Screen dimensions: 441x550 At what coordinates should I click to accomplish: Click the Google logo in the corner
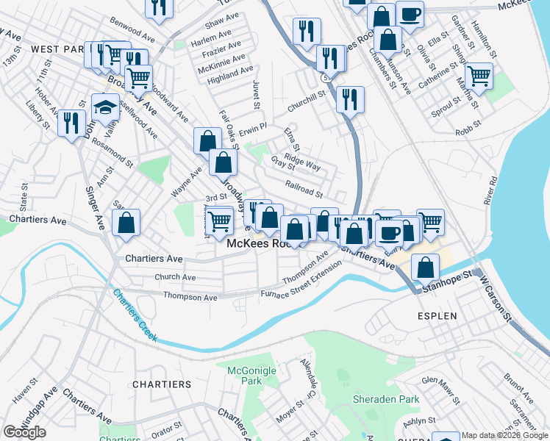coord(24,432)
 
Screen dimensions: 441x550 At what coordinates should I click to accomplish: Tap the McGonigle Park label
coord(244,376)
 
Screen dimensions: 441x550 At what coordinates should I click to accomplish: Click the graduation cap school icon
coord(105,107)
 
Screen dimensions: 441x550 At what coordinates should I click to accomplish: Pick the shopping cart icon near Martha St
coord(479,75)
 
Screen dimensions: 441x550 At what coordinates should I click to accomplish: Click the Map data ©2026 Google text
coord(504,435)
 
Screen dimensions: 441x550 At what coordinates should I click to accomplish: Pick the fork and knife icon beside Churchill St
coord(350,98)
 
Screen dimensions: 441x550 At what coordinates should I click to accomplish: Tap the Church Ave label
coord(175,277)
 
